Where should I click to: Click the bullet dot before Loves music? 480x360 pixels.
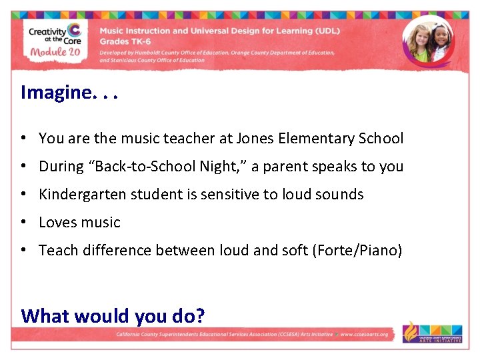tap(23, 223)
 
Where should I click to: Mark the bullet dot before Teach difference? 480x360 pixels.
tap(23, 251)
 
